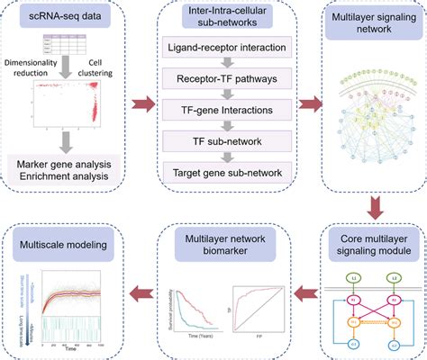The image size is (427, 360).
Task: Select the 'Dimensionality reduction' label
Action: pos(35,65)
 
